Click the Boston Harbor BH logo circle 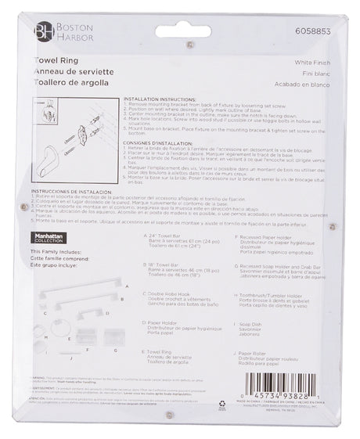40,32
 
